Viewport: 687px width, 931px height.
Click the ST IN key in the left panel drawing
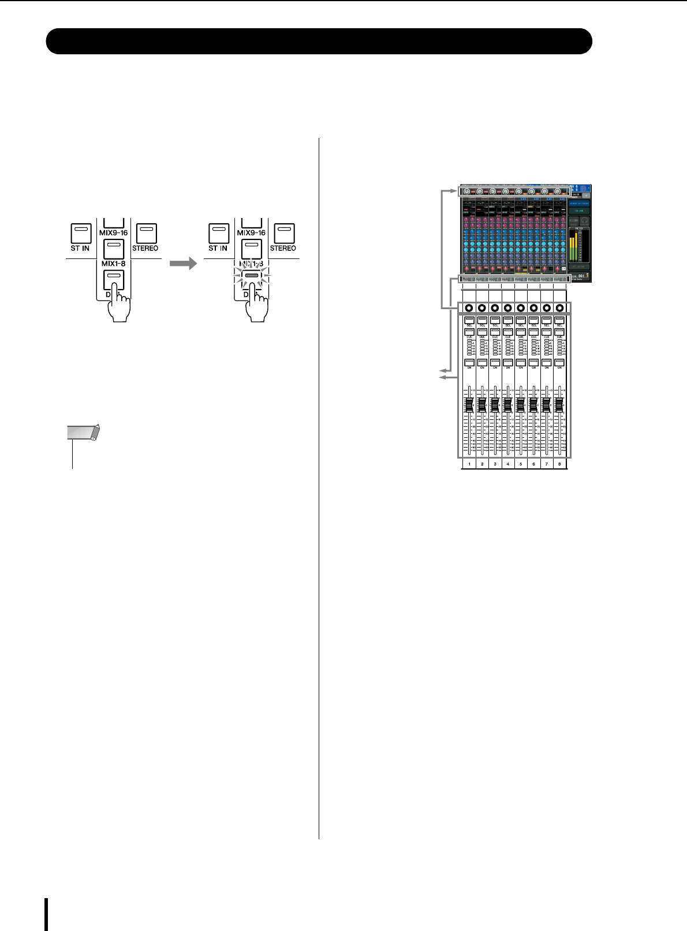pyautogui.click(x=80, y=233)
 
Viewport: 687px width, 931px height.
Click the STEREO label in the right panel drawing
pyautogui.click(x=283, y=249)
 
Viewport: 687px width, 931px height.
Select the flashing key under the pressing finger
pyautogui.click(x=252, y=276)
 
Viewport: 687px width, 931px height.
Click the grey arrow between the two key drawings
pyautogui.click(x=183, y=264)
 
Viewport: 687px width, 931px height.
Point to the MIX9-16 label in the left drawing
pyautogui.click(x=113, y=233)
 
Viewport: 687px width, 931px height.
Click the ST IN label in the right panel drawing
pyautogui.click(x=218, y=249)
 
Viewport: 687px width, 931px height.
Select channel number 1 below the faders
pyautogui.click(x=469, y=464)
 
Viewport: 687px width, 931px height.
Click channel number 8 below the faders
pyautogui.click(x=559, y=464)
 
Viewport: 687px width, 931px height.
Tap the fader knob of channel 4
pyautogui.click(x=508, y=405)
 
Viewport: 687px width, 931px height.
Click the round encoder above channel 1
pyautogui.click(x=469, y=308)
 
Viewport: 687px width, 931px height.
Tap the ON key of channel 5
pyautogui.click(x=521, y=362)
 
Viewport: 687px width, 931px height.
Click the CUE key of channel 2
pyautogui.click(x=482, y=332)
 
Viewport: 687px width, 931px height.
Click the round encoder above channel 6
pyautogui.click(x=533, y=308)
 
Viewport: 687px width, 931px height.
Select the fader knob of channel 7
pyautogui.click(x=546, y=405)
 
